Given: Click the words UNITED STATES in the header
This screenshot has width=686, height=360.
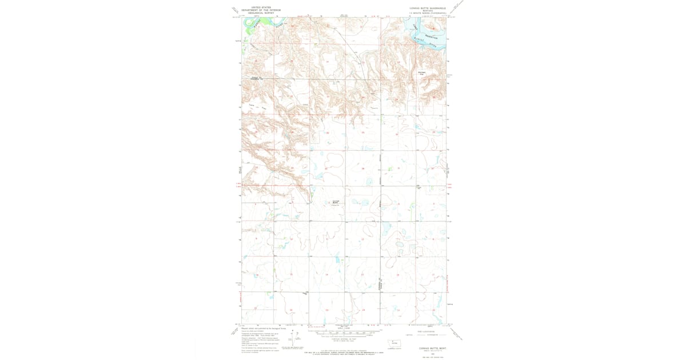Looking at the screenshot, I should (253, 7).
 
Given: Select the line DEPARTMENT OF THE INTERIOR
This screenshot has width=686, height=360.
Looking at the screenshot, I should (261, 10).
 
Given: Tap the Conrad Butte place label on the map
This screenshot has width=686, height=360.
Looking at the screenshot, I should (336, 202).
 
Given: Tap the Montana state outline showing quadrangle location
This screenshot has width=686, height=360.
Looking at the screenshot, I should (392, 342).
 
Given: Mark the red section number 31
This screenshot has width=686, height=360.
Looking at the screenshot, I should (398, 169).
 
